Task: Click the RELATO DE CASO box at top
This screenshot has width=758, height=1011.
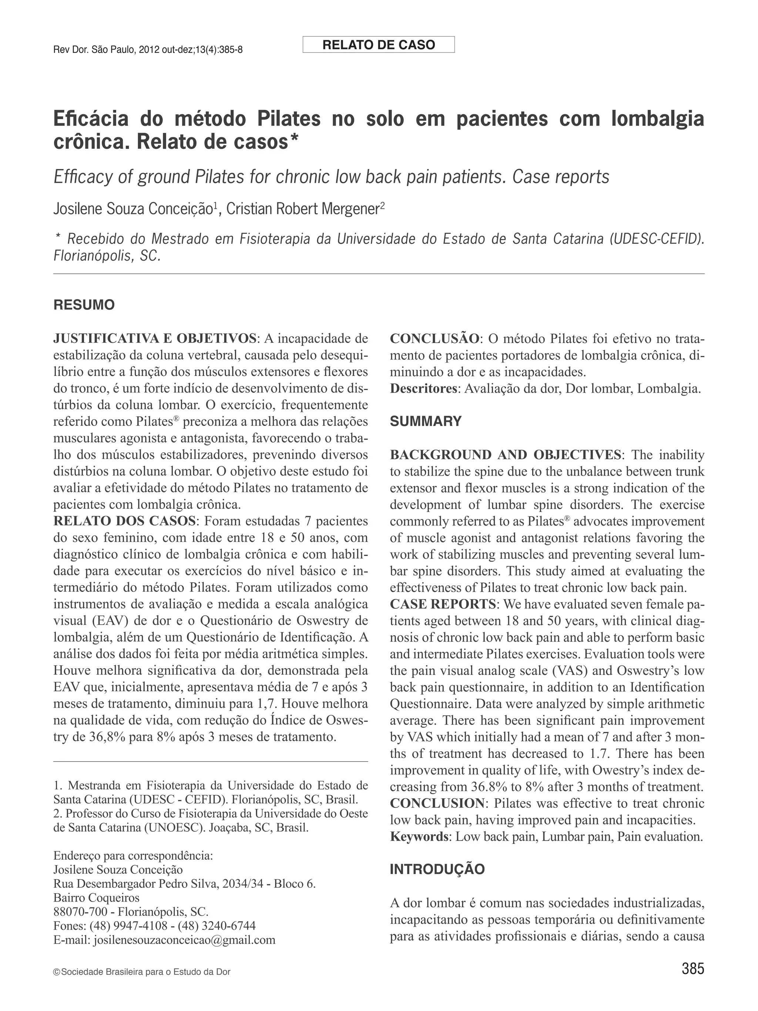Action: [378, 45]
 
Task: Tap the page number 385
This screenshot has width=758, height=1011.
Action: [692, 981]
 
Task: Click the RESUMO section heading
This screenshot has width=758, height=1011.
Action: [84, 305]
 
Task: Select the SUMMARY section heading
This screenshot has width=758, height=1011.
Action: [426, 421]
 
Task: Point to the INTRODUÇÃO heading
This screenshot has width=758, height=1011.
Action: [437, 869]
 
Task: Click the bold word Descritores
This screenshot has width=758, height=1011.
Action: [423, 389]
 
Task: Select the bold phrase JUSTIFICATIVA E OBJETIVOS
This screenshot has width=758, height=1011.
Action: [155, 339]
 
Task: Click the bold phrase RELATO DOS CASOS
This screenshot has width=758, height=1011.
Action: [125, 521]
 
